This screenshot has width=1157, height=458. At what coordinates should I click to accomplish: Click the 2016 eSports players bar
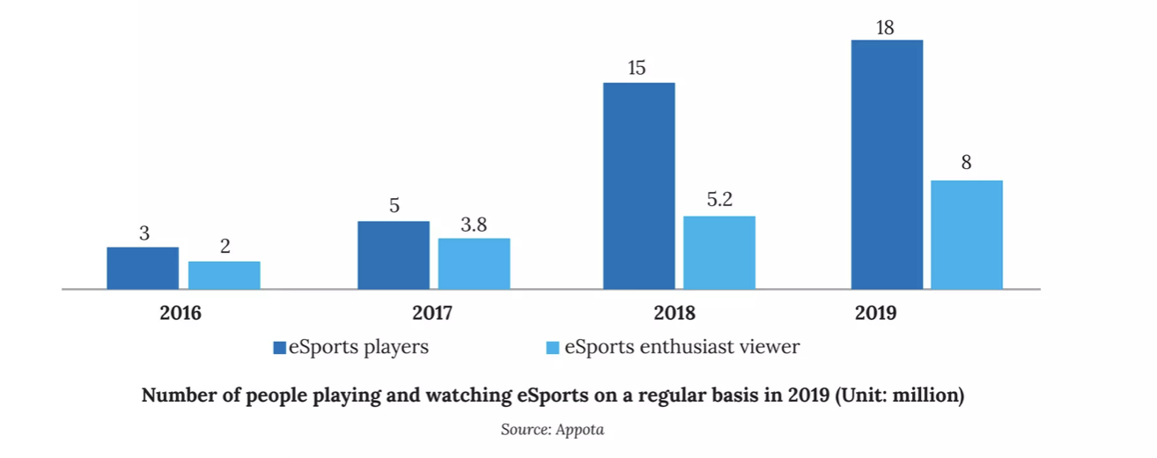pos(143,268)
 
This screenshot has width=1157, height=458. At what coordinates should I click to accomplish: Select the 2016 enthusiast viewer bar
pos(224,275)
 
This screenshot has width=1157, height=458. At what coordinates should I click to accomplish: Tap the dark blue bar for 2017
pos(393,255)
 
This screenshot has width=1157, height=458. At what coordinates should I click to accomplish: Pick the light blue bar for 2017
pos(474,263)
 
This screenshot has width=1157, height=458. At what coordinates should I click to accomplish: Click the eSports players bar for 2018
pos(638,186)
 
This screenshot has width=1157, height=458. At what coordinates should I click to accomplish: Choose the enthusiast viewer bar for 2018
pos(719,252)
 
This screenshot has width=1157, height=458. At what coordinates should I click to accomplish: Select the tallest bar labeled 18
pos(886,165)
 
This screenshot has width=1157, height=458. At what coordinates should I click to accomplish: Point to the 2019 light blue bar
pos(966,234)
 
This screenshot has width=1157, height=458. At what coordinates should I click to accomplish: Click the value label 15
pos(638,68)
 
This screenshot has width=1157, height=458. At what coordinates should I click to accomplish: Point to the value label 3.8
pos(474,224)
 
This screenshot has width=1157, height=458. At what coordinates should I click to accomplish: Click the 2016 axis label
pos(181,313)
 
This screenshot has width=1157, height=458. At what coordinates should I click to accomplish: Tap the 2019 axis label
pos(875,313)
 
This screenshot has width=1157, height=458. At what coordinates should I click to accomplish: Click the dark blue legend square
pos(279,348)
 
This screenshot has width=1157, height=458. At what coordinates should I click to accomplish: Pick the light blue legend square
pos(553,348)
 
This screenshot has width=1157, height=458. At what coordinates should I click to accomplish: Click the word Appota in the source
pos(581,430)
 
